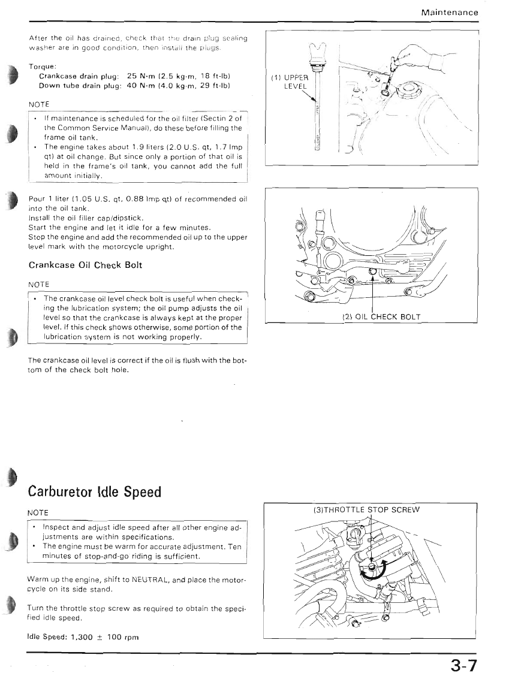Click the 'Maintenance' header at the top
(x=450, y=12)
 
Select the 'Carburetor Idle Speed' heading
(x=95, y=491)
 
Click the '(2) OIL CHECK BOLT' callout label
(x=381, y=316)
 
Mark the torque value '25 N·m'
(x=142, y=76)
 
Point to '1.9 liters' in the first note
(x=128, y=146)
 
